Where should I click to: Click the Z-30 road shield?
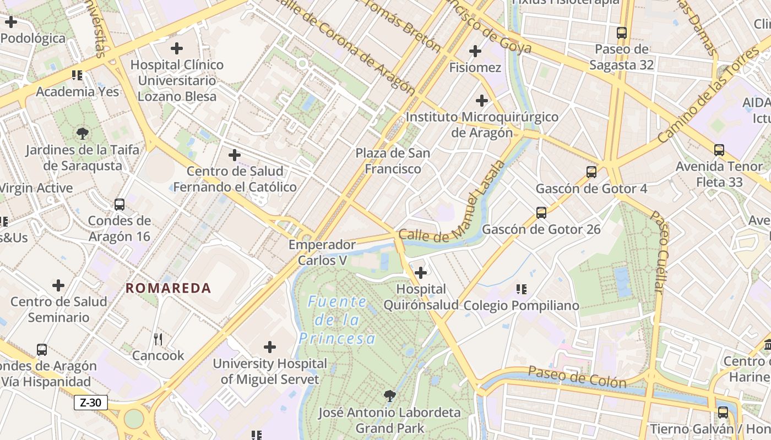(90, 403)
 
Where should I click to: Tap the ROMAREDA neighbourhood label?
(168, 288)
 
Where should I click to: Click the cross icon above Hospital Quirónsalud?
(421, 273)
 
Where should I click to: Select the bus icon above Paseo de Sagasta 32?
(622, 33)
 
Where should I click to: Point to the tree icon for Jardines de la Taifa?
(83, 133)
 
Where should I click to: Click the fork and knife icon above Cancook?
(158, 339)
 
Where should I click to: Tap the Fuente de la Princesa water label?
(337, 320)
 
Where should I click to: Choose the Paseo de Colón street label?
(577, 377)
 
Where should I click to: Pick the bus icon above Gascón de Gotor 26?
(541, 212)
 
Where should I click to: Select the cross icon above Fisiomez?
(475, 52)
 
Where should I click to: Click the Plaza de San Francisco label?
(393, 161)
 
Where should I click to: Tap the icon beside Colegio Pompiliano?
(522, 289)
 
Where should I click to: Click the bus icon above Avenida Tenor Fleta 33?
(719, 150)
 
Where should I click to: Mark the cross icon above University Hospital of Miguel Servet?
(270, 347)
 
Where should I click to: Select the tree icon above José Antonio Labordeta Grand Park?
(389, 395)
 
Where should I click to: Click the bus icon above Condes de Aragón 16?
(120, 205)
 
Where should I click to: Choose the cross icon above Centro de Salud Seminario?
(58, 285)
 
